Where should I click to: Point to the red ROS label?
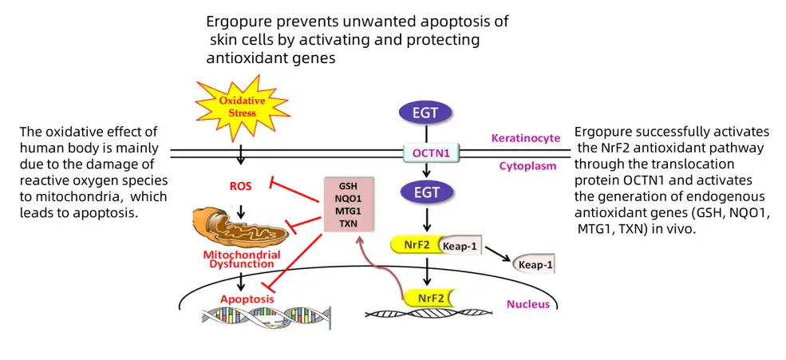pos(239,187)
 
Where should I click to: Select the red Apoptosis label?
pos(247,299)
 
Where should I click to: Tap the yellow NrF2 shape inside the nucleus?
pos(431,298)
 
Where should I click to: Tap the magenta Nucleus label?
pos(527,304)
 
